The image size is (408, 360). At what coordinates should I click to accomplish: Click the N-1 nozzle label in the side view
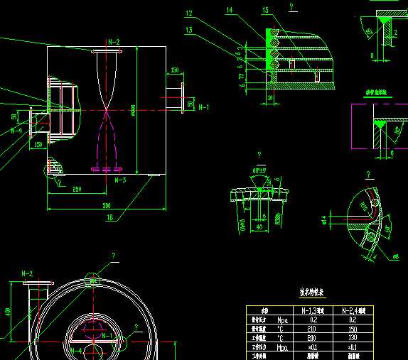tap(203, 107)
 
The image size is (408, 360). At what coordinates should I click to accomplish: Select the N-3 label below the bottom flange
tap(121, 180)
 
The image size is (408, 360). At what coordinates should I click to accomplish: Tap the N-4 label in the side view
tap(16, 131)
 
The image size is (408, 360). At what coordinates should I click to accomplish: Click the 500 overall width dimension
tap(107, 205)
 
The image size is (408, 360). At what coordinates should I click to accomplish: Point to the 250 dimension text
tap(76, 189)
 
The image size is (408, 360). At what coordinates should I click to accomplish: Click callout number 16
tap(110, 218)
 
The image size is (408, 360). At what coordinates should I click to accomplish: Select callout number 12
tap(188, 13)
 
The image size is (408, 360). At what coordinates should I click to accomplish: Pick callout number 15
tap(265, 11)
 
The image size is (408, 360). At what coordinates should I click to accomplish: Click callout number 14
tap(229, 11)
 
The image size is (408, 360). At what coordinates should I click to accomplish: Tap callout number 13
tap(188, 30)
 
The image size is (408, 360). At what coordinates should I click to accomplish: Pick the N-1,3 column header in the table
tap(313, 310)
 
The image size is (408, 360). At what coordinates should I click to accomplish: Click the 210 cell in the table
tap(313, 329)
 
